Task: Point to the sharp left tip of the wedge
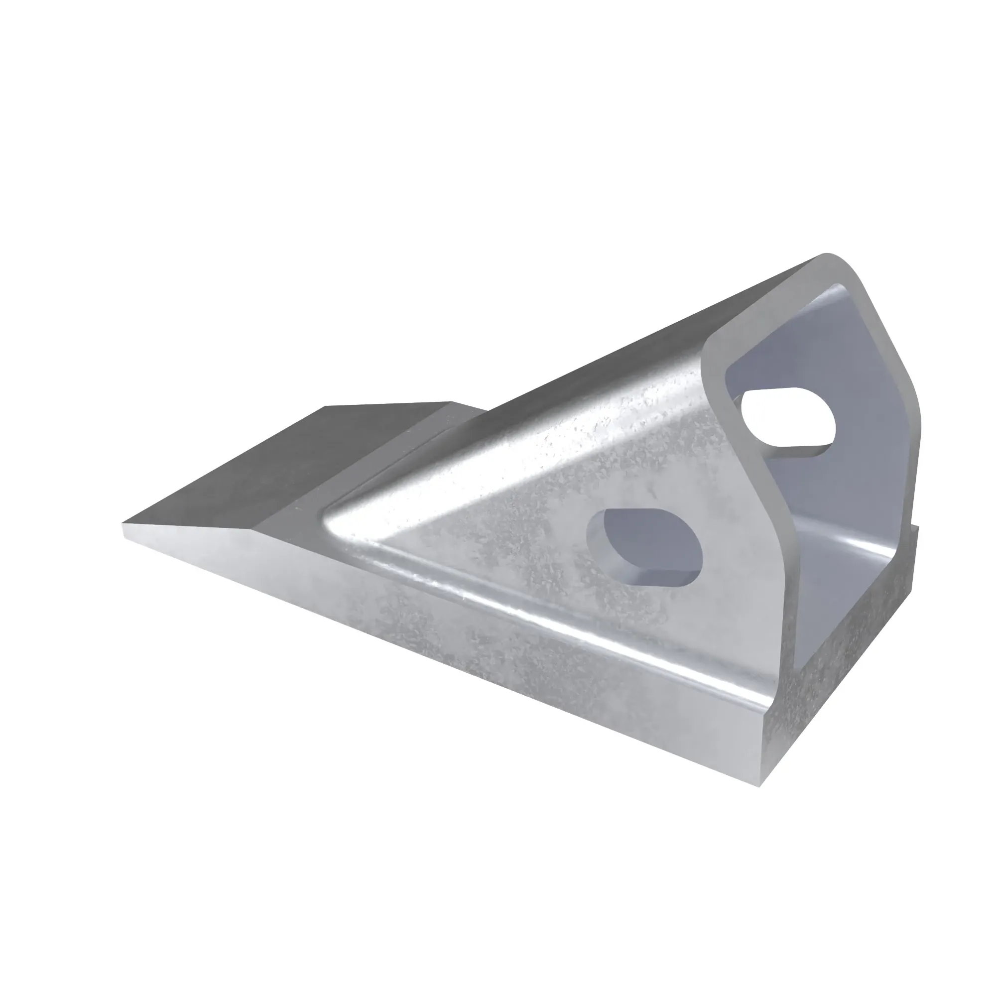[124, 526]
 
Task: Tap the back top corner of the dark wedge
[454, 402]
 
